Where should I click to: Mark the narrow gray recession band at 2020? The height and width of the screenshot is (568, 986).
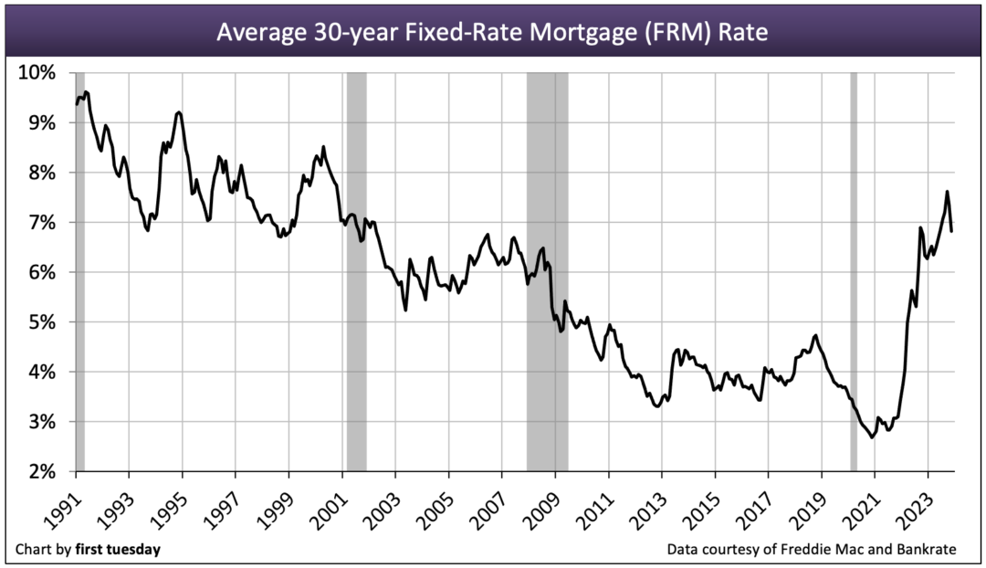854,274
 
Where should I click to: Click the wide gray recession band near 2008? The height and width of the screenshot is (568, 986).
547,274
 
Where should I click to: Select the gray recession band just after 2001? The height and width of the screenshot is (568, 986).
356,274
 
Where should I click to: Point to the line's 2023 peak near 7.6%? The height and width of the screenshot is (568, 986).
947,192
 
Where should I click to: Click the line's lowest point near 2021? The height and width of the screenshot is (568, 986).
872,437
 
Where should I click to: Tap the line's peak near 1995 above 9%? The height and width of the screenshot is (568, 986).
179,112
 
